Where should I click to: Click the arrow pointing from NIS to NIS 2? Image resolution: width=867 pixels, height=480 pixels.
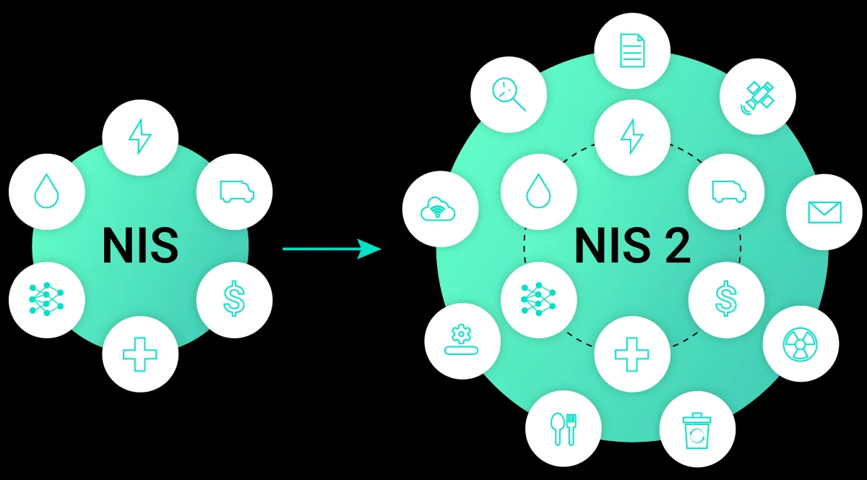click(332, 249)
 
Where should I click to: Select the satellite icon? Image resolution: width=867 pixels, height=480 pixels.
click(758, 95)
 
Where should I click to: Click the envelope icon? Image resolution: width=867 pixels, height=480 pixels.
click(824, 212)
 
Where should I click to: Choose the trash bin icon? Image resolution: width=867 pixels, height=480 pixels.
click(697, 429)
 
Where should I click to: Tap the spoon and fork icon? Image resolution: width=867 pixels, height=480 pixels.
click(563, 429)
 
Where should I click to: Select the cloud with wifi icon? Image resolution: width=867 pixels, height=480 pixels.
click(439, 210)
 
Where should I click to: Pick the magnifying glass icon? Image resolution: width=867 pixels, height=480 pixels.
click(508, 95)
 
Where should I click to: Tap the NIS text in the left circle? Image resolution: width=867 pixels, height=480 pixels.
click(140, 246)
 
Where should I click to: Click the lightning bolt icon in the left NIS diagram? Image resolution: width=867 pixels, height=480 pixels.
click(140, 136)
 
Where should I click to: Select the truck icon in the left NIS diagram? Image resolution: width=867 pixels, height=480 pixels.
click(236, 191)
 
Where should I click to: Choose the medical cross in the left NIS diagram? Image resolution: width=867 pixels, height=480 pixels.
click(140, 354)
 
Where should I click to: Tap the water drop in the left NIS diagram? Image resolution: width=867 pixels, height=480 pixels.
click(47, 192)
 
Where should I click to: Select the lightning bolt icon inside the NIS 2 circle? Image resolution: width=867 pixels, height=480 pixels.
click(631, 136)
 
